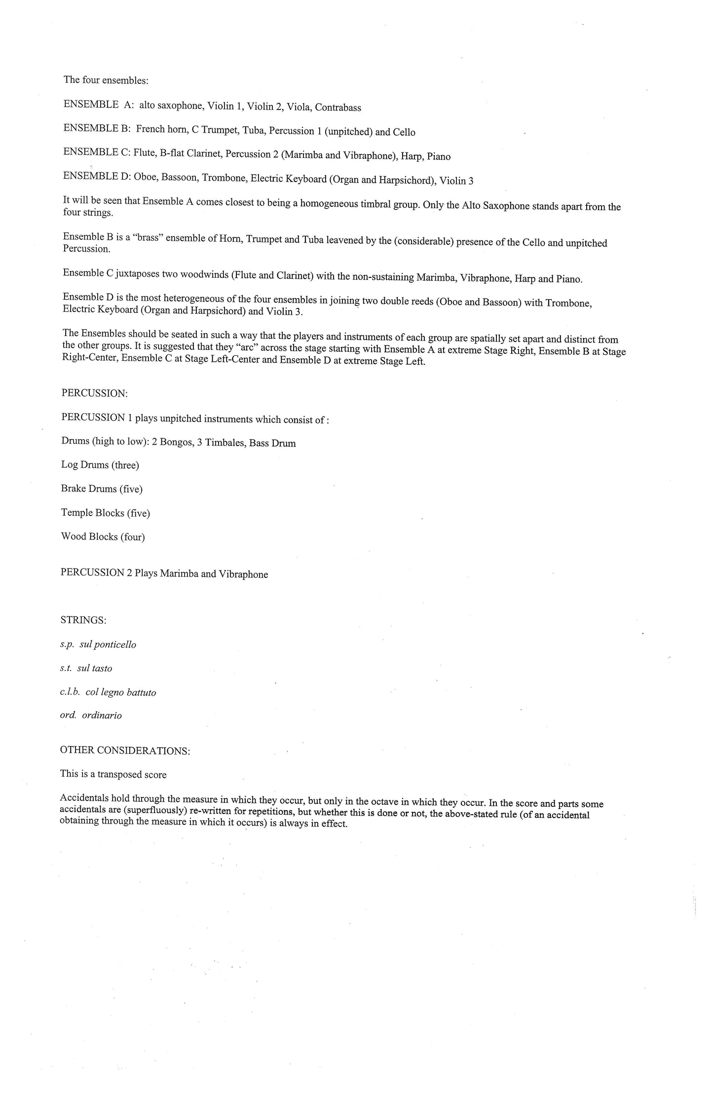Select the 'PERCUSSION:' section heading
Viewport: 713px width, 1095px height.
tap(94, 393)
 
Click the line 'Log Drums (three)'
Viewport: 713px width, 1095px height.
tap(100, 465)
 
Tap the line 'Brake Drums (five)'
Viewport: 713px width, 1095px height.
tap(102, 489)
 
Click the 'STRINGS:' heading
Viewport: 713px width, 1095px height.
tap(83, 620)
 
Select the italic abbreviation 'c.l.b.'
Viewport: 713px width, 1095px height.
tap(70, 692)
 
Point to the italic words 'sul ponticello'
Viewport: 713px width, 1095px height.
tap(108, 644)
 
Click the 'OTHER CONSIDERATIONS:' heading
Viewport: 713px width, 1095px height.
tap(125, 751)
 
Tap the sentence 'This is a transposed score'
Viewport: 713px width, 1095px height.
tap(113, 774)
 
